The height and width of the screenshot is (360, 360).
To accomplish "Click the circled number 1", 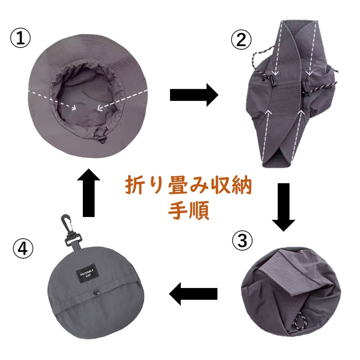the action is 21,39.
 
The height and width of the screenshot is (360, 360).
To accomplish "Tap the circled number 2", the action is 241,39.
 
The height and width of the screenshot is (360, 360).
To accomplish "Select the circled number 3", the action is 242,241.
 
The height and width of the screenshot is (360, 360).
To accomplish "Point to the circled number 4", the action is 23,249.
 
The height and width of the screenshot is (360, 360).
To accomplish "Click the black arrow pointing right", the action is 194,95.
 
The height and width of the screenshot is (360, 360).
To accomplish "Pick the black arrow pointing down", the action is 284,207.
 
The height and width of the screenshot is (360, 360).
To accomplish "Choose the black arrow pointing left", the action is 193,294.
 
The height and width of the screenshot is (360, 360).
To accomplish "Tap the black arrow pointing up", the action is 89,193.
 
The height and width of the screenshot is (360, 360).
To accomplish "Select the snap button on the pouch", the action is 96,293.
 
